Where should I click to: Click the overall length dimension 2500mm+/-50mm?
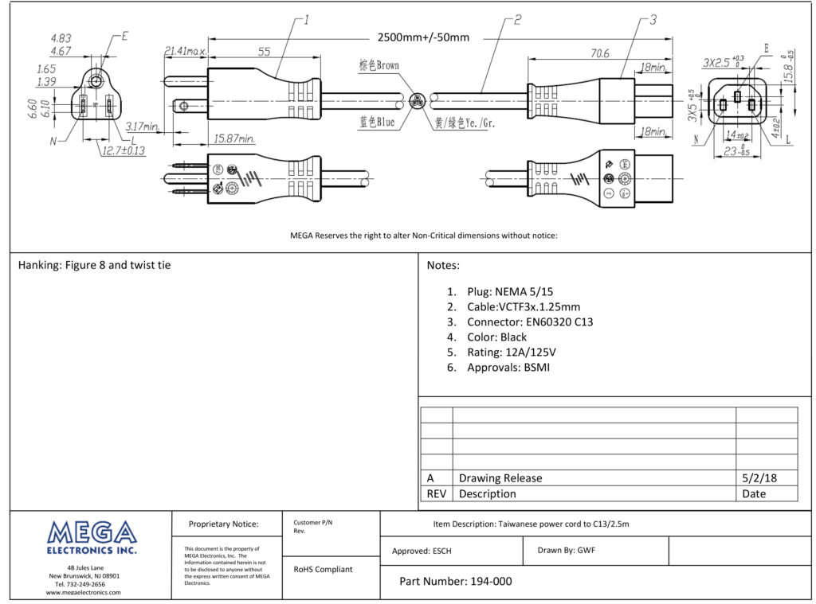423,37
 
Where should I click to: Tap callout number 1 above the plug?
306,20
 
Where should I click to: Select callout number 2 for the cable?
517,20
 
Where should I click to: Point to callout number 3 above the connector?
653,20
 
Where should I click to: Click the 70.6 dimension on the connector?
599,53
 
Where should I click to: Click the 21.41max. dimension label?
185,52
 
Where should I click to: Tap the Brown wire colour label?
379,65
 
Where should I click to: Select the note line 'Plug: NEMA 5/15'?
510,292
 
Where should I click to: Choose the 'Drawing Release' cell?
500,478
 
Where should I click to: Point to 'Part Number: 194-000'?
455,581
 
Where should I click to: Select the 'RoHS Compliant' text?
323,569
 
